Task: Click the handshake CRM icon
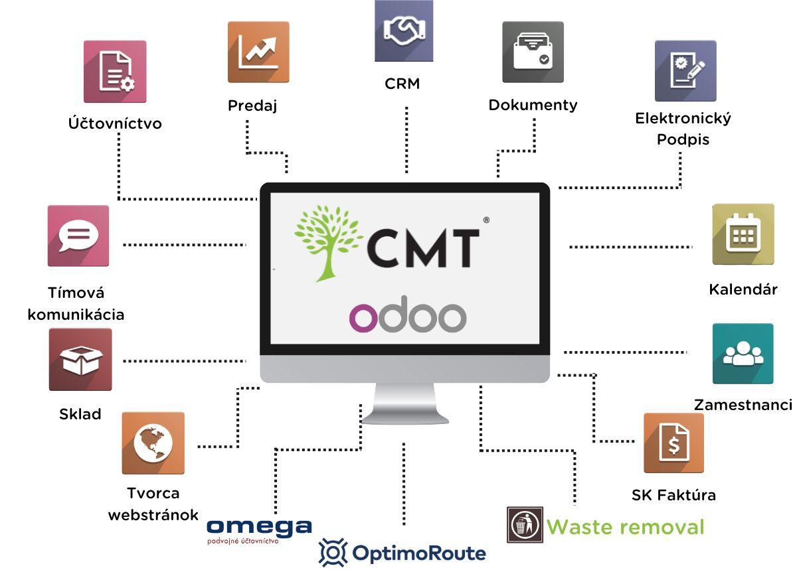pos(404,31)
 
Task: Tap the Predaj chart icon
pos(258,52)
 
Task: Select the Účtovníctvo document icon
pos(115,72)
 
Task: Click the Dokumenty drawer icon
pos(533,52)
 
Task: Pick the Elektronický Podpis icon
pos(685,71)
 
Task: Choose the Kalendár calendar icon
pos(743,234)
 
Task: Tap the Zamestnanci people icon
pos(743,354)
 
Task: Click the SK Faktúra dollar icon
pos(673,443)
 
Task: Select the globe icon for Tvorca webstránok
pos(153,443)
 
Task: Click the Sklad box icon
pos(80,360)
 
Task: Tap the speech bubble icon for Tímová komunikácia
pos(78,236)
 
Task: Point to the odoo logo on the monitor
pos(408,317)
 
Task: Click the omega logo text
pos(259,527)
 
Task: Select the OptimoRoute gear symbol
pos(333,552)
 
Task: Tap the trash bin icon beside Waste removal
pos(525,526)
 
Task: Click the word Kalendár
pos(743,289)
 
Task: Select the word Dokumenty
pos(533,105)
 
